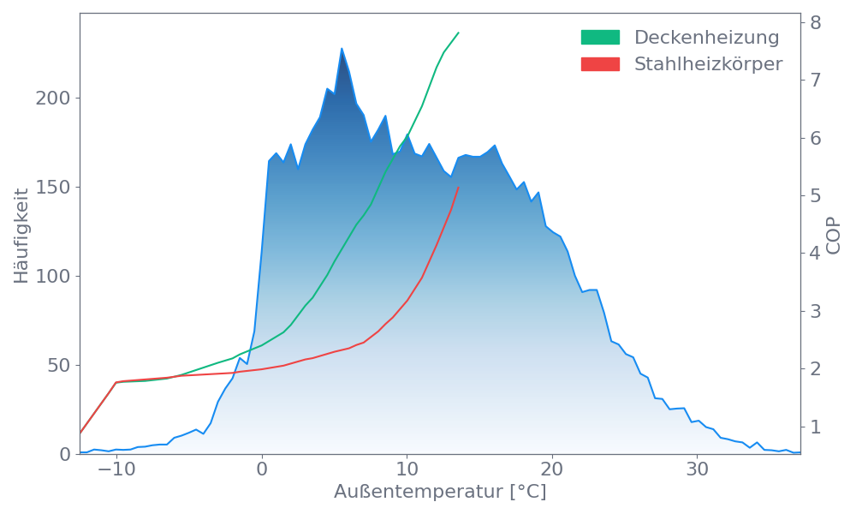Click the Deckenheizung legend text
click(x=706, y=38)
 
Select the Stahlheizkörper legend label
click(x=708, y=64)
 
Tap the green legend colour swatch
click(x=600, y=38)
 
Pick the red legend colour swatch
click(x=600, y=64)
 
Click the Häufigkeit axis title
click(x=21, y=236)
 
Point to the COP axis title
click(x=834, y=236)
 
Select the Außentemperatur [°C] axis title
click(x=440, y=493)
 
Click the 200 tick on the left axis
click(x=53, y=99)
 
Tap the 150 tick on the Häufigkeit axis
click(x=53, y=188)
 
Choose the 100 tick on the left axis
click(x=53, y=277)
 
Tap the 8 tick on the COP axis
click(x=816, y=23)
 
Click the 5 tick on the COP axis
click(x=816, y=196)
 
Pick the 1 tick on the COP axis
click(x=816, y=427)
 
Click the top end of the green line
click(x=459, y=33)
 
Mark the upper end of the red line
click(x=459, y=187)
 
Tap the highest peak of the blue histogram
click(x=342, y=48)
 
